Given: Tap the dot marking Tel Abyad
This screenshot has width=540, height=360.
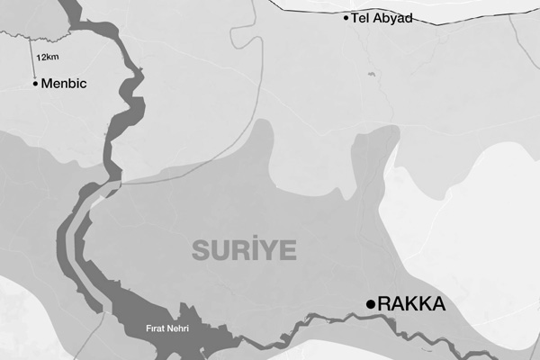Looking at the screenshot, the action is pyautogui.click(x=346, y=17).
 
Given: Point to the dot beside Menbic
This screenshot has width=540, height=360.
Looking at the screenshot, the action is pyautogui.click(x=35, y=84).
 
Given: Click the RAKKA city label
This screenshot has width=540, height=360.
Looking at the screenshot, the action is pyautogui.click(x=411, y=305).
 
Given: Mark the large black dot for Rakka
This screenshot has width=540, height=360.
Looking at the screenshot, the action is pyautogui.click(x=370, y=305).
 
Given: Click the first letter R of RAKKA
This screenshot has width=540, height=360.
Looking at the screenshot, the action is pyautogui.click(x=386, y=305).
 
